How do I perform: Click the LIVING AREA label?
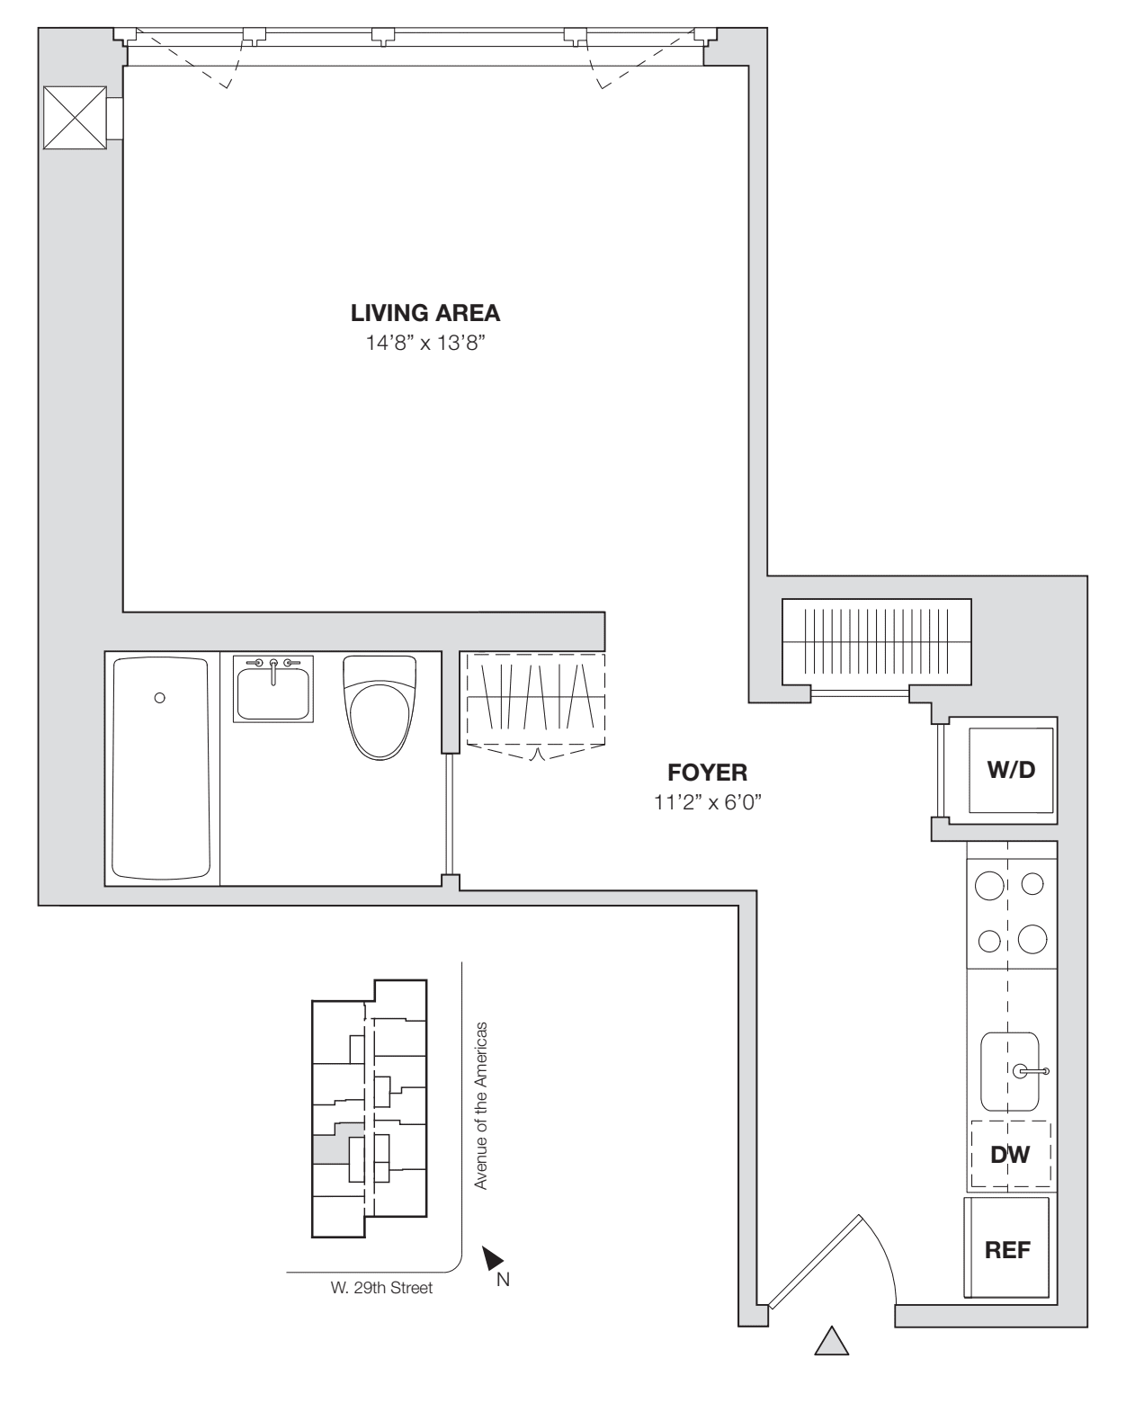(x=425, y=314)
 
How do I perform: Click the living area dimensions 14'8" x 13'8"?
(x=425, y=344)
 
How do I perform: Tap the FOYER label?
(x=707, y=773)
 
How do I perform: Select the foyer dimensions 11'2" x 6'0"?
(x=708, y=802)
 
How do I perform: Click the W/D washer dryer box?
(x=1011, y=771)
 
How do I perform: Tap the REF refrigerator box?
(x=1007, y=1249)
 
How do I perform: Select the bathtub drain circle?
(x=160, y=697)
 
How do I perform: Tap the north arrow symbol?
(x=492, y=1258)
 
